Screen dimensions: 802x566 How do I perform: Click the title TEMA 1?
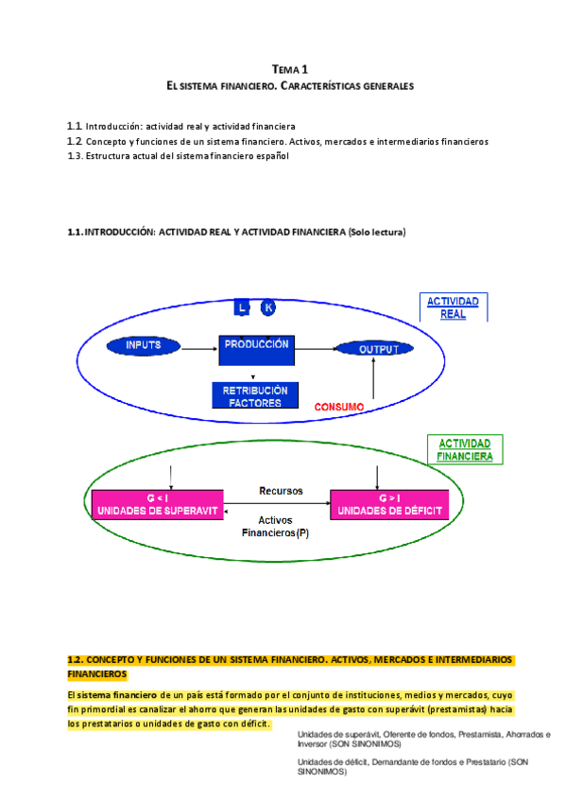[x=289, y=69]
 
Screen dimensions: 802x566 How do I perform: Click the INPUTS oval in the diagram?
[x=144, y=346]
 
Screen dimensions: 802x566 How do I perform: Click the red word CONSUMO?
[x=339, y=408]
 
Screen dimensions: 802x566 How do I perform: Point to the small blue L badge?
[x=242, y=307]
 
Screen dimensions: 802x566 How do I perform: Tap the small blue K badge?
[x=268, y=307]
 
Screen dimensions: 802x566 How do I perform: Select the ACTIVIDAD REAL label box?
[x=453, y=307]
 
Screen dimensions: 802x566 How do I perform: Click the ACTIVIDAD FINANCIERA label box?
[x=464, y=449]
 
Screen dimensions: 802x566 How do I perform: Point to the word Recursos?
[x=281, y=491]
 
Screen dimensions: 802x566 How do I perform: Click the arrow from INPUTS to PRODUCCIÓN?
[x=199, y=348]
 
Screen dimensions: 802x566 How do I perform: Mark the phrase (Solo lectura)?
[x=376, y=232]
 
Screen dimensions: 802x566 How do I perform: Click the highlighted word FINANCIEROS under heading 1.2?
[x=97, y=675]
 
